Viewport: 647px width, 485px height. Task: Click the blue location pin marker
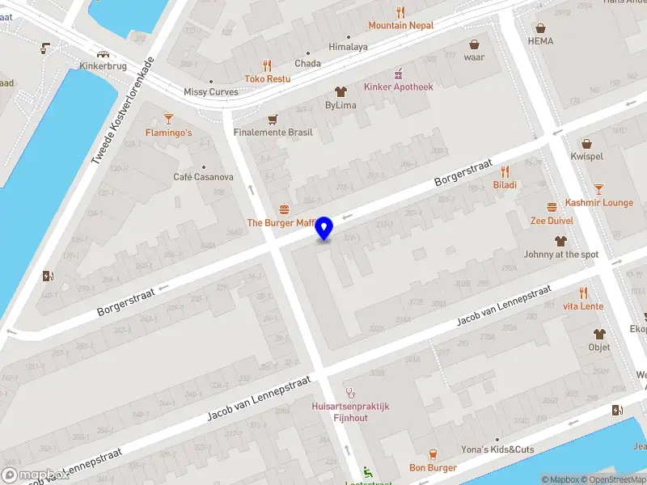pos(324,228)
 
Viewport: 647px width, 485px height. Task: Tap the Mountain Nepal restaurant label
pos(400,25)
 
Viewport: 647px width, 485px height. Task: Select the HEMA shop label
pos(540,40)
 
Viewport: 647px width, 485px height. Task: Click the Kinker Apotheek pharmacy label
pos(398,86)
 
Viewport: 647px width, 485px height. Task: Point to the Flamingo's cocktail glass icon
pos(168,119)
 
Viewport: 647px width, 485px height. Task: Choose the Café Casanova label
pos(203,177)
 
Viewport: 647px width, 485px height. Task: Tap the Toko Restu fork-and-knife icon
pos(268,66)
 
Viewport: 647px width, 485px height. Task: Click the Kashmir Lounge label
pos(598,202)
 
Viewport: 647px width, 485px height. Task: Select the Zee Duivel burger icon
pos(552,206)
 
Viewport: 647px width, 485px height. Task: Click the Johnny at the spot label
pos(560,254)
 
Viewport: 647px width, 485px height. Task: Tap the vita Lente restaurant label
pos(582,306)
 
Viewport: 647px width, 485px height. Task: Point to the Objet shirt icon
pos(599,334)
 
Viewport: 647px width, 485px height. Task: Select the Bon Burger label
pos(433,467)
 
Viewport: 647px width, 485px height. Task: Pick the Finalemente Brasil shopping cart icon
pos(273,119)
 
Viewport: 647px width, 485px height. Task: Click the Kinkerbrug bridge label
pos(104,65)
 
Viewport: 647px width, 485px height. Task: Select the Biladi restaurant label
pos(505,184)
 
